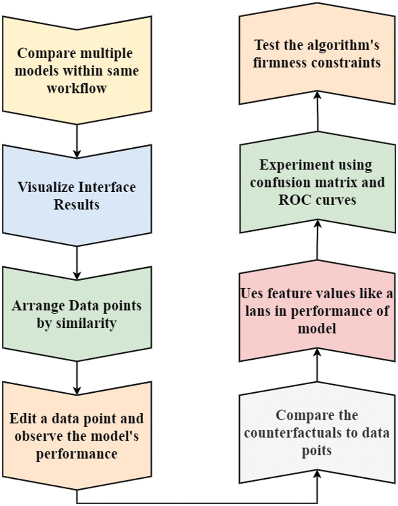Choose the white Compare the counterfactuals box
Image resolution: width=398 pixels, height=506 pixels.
click(317, 432)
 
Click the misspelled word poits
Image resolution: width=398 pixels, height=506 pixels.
click(317, 451)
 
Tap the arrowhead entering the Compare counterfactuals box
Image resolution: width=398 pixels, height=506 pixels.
click(317, 474)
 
